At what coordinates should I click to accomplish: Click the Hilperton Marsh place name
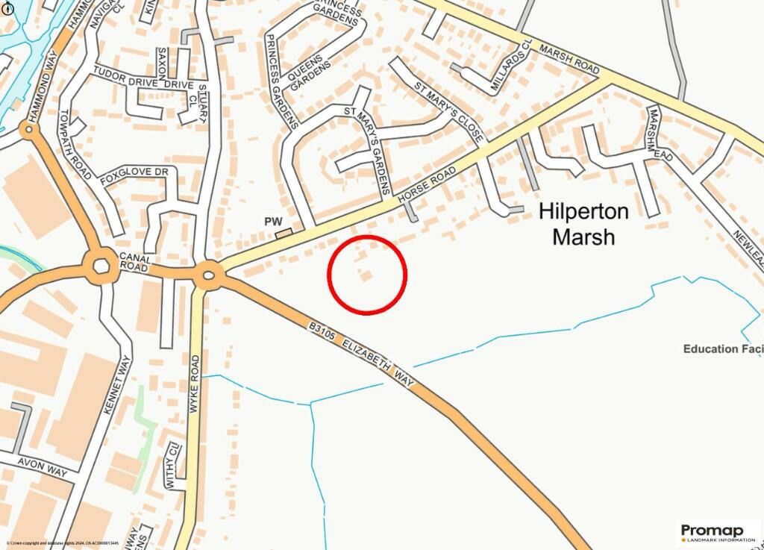click(x=583, y=224)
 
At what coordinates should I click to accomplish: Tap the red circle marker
click(x=367, y=274)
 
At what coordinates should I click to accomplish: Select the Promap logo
click(x=718, y=532)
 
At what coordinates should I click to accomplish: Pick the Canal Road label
click(x=135, y=262)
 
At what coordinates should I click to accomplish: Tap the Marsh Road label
click(x=569, y=58)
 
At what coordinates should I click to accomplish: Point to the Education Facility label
click(x=723, y=349)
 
